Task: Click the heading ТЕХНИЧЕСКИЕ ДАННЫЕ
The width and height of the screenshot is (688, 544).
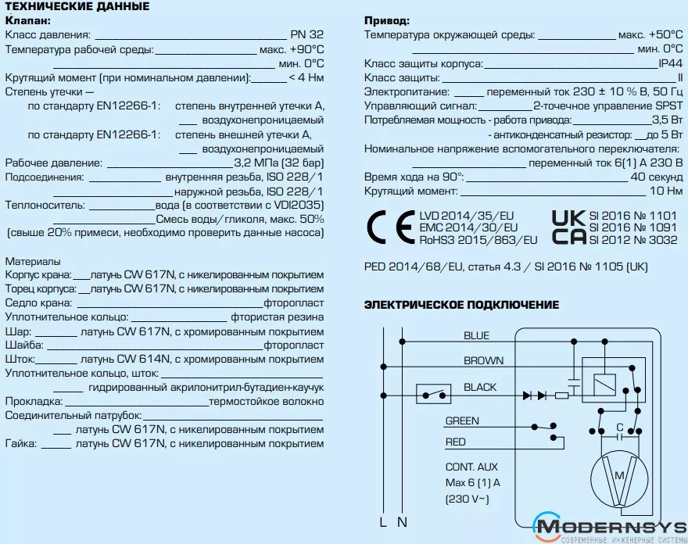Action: [77, 6]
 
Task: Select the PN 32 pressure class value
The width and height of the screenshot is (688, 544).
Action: [306, 35]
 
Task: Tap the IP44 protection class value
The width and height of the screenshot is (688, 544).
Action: [671, 63]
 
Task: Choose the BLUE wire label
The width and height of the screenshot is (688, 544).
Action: [476, 336]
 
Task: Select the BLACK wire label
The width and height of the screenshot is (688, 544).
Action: [480, 388]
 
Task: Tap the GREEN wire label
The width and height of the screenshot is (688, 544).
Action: [462, 421]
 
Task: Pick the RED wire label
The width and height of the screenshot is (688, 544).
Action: [455, 442]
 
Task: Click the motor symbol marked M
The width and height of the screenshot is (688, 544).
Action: [618, 476]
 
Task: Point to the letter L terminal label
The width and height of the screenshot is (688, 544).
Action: [384, 521]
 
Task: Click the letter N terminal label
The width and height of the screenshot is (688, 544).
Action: [402, 521]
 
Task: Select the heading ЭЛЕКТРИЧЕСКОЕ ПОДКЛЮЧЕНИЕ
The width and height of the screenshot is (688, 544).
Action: [461, 305]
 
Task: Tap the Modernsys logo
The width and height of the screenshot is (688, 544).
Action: [610, 528]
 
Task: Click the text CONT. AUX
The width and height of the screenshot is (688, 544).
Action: [471, 467]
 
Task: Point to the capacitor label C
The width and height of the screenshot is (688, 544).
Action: [618, 428]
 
